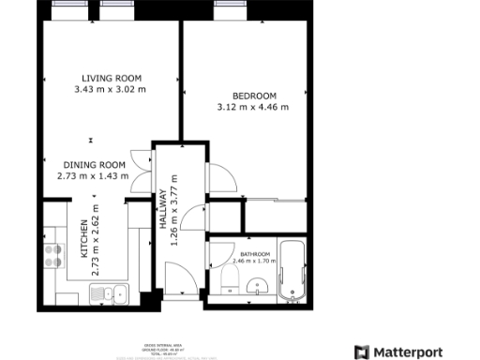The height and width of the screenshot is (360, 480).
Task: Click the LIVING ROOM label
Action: [x=111, y=78]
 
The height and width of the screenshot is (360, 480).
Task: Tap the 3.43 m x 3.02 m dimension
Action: [x=111, y=90]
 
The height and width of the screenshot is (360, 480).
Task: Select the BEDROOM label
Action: [x=254, y=96]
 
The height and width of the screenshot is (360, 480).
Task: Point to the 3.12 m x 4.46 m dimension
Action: [x=254, y=108]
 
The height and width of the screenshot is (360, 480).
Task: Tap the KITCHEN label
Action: [x=83, y=240]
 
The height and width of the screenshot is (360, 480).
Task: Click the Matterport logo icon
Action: [x=361, y=352]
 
